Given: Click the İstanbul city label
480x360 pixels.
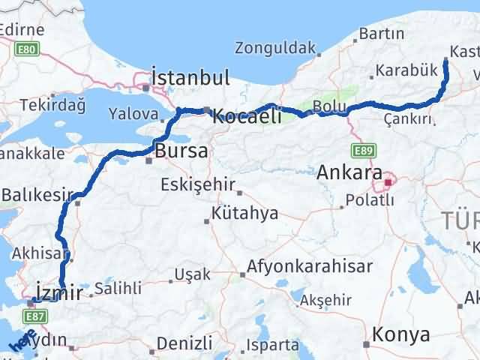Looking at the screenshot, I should coord(190,77).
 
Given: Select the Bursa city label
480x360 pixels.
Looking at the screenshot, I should coord(181,151).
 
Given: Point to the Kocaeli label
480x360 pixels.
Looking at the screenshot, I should coord(247,116).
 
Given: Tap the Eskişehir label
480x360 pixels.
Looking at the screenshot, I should coord(198,185).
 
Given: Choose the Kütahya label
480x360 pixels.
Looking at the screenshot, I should coord(244,214).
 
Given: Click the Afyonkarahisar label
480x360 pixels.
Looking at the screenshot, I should coord(310,266).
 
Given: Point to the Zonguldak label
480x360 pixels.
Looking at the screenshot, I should coord(274,49).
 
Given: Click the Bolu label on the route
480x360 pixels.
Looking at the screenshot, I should coord(329,106).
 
